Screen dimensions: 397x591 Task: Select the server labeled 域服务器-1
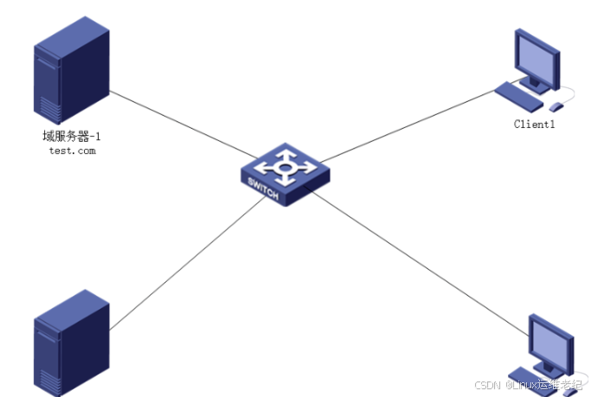point(72,74)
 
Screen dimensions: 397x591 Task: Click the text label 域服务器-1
point(72,136)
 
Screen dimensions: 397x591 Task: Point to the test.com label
point(72,150)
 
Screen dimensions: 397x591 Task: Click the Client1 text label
point(534,125)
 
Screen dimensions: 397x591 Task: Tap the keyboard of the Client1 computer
point(519,95)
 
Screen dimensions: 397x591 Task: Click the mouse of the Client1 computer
point(556,106)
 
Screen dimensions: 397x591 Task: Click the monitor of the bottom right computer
point(551,342)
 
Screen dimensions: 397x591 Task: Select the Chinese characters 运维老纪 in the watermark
point(561,385)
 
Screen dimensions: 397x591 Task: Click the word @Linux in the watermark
point(522,385)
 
